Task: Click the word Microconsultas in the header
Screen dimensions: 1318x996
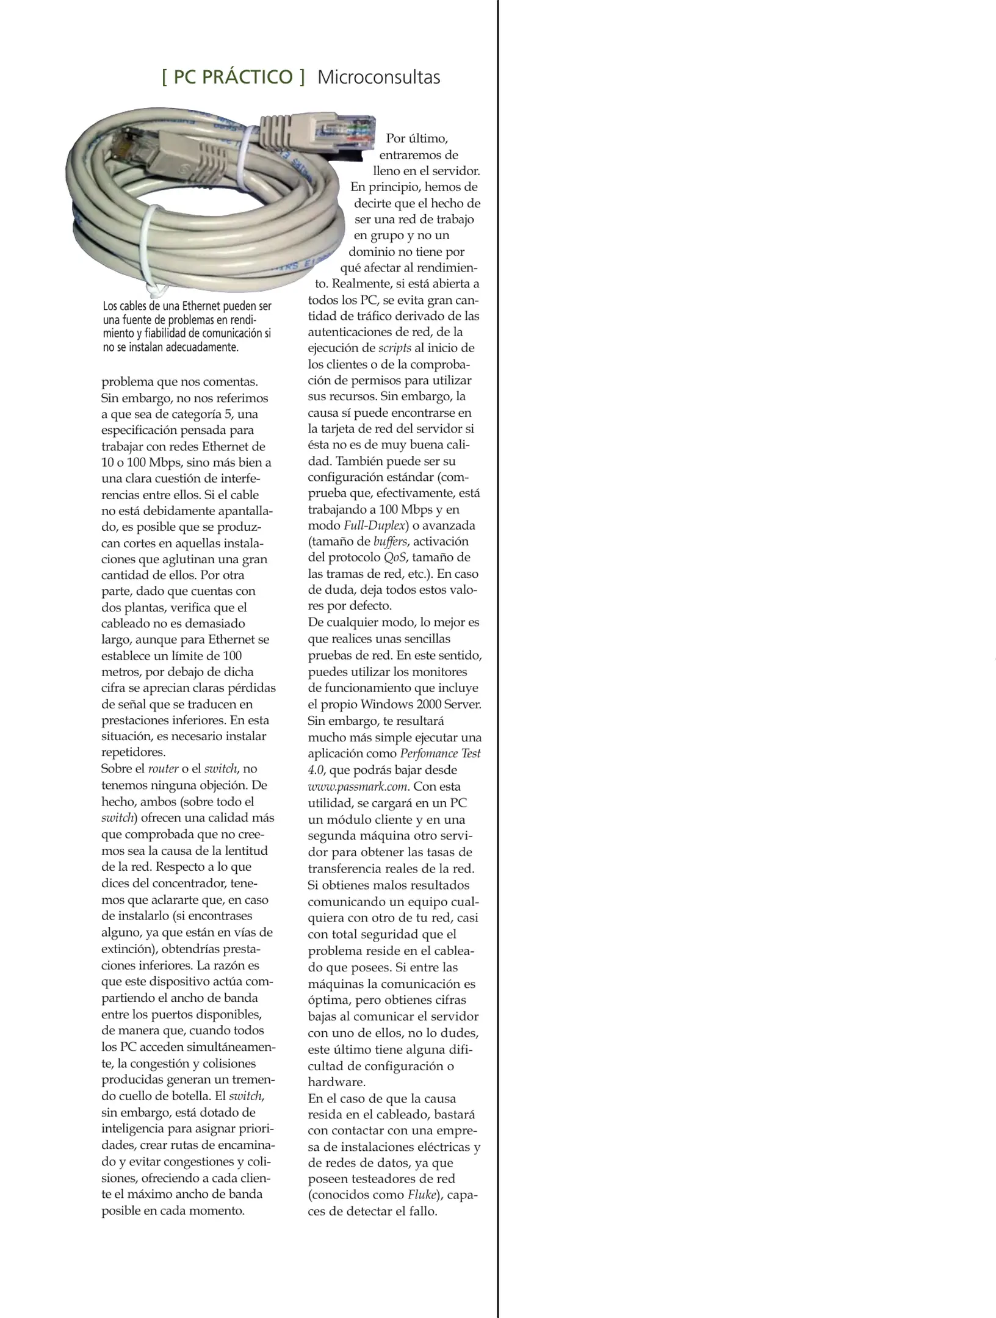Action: pyautogui.click(x=378, y=77)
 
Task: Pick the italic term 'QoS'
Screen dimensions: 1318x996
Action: pyautogui.click(x=395, y=557)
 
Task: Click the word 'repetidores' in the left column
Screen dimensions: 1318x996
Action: pyautogui.click(x=132, y=752)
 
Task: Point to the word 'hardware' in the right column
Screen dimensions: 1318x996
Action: pyautogui.click(x=335, y=1082)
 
